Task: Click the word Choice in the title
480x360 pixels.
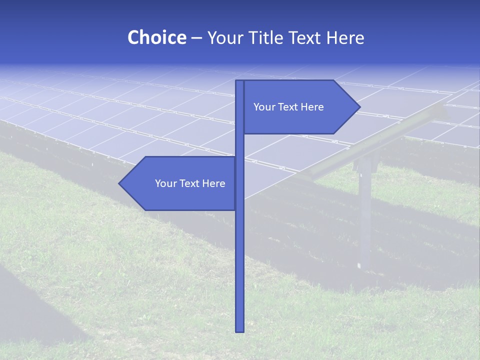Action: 156,37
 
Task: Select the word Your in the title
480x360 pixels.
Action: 225,37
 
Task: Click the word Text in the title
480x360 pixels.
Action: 305,37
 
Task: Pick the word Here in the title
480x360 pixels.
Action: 345,37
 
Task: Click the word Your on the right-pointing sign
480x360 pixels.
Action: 264,107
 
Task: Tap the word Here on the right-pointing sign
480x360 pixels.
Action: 312,107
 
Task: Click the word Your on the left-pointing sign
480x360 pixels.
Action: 165,183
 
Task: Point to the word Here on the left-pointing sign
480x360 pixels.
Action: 213,183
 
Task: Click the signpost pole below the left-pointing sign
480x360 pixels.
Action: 239,270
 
